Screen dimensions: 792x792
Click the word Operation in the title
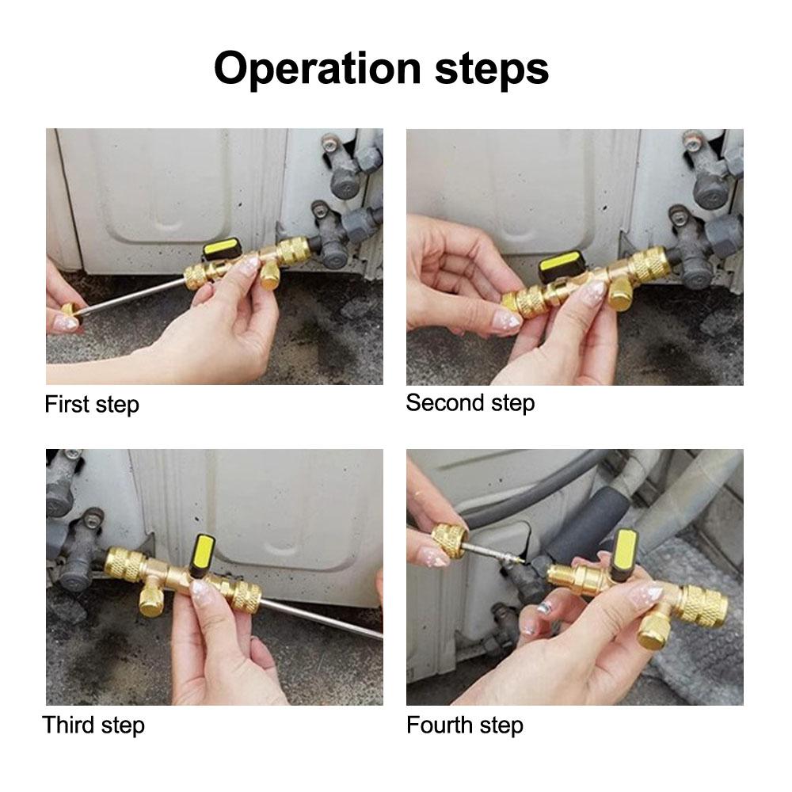[x=318, y=69]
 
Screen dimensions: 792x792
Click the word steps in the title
[x=492, y=69]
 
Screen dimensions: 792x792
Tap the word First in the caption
[x=67, y=404]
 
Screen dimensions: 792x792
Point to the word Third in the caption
[x=69, y=725]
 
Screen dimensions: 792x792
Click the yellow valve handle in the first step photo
[x=222, y=249]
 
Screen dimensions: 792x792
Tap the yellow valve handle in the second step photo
[x=560, y=263]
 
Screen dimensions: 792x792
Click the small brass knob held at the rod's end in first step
[x=68, y=309]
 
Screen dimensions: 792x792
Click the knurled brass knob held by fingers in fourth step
[x=450, y=539]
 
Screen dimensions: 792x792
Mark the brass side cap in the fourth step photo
[x=655, y=633]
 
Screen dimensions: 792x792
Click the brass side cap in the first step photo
[x=271, y=274]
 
